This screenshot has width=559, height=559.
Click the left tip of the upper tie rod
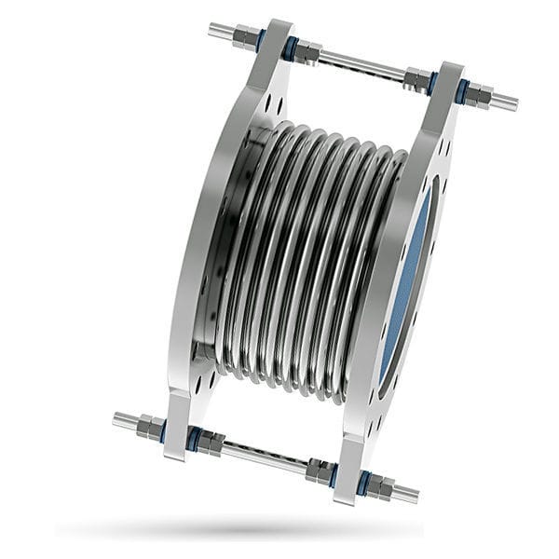213,29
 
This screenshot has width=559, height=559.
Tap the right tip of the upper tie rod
513,102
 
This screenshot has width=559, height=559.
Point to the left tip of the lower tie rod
117,418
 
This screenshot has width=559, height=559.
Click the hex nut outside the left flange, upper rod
244,37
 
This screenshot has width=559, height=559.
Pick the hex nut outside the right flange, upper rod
479,95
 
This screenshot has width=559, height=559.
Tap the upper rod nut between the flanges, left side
307,53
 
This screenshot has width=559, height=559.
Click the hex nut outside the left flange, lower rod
149,428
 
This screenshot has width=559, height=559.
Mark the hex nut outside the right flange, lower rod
383,486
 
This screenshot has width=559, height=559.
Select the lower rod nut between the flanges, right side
320,470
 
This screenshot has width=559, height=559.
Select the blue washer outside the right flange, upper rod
462,91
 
